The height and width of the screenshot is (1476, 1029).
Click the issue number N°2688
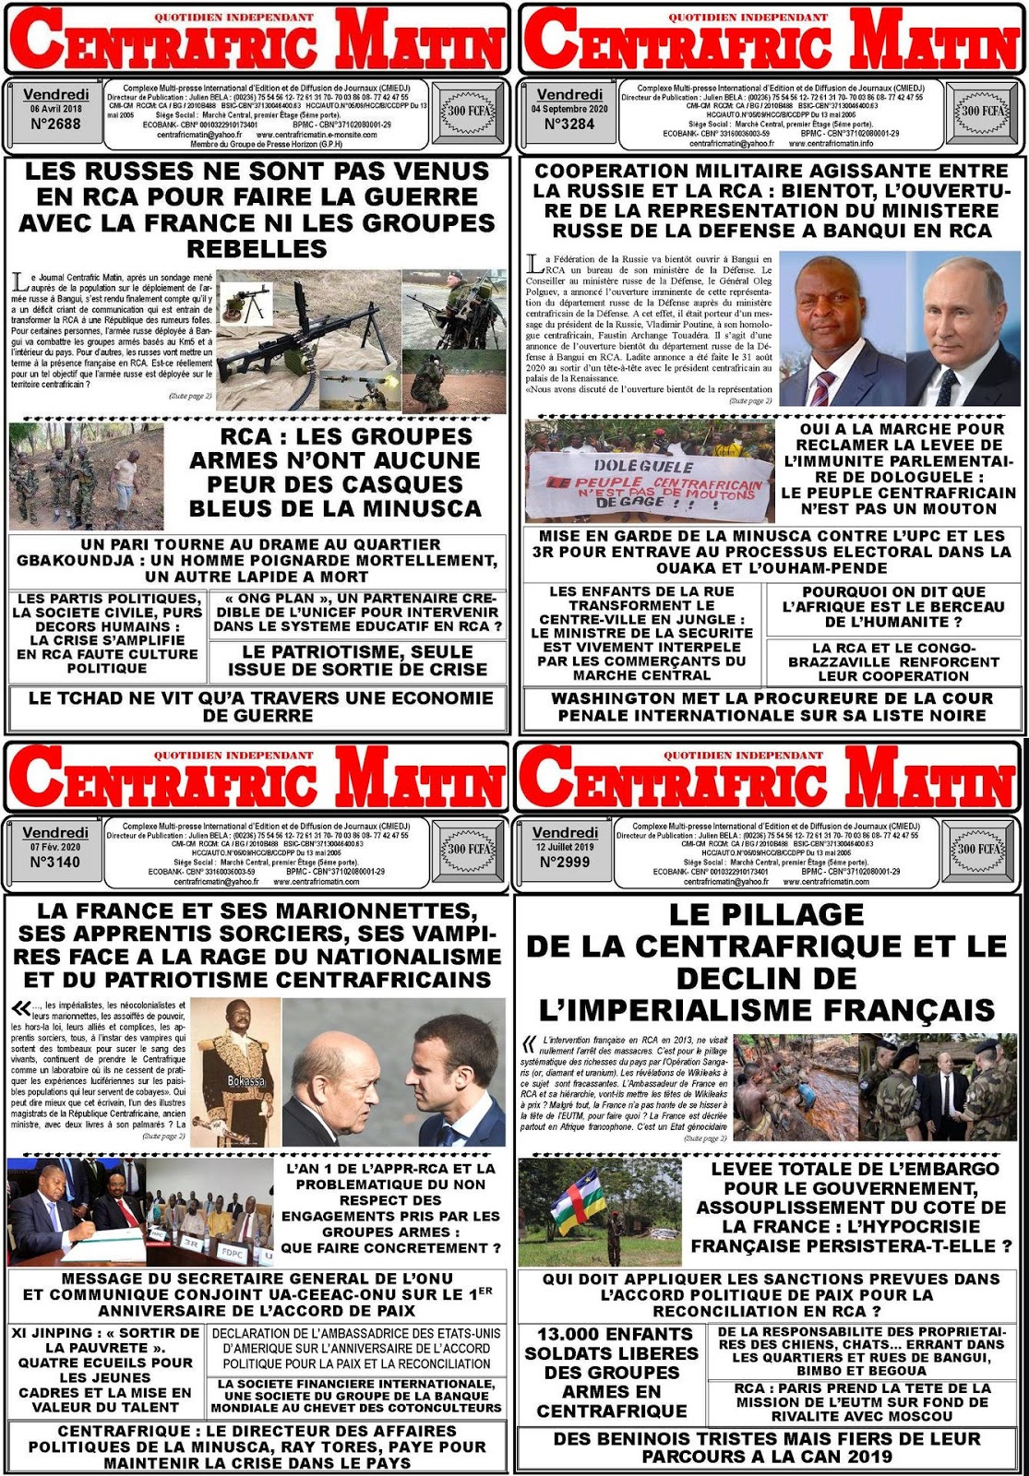coord(55,124)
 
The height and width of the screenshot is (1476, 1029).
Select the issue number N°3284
coord(569,124)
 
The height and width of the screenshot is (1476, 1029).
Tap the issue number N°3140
coord(55,862)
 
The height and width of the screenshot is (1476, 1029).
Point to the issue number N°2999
coord(565,862)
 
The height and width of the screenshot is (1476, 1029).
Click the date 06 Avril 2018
coord(55,109)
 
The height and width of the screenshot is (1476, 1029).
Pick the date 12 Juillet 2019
coord(565,846)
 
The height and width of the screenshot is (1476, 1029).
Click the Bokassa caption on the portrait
coord(246,1080)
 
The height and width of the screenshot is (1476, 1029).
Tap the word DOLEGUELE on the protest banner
coord(655,466)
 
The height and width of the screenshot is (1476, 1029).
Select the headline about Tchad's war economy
coord(260,707)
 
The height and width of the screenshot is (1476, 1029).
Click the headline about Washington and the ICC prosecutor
coord(772,707)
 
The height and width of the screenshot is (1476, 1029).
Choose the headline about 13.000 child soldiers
coord(611,1373)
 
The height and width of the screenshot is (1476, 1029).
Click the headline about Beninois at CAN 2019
coord(767,1447)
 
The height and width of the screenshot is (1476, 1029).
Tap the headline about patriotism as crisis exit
coord(358,661)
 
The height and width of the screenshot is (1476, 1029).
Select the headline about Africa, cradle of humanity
coord(892,606)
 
